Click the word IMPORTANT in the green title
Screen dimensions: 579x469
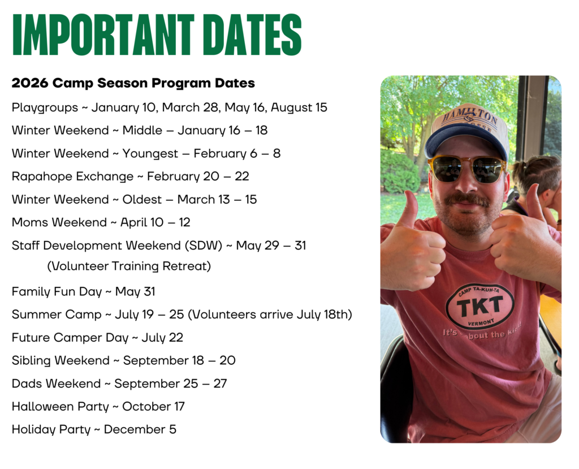click(x=103, y=35)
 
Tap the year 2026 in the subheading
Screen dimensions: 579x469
click(x=30, y=83)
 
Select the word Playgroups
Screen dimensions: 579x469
click(x=45, y=107)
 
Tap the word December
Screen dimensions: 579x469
click(x=135, y=429)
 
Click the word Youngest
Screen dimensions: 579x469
click(x=150, y=154)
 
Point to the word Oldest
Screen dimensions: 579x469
click(x=142, y=200)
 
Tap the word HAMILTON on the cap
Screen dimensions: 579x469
click(x=470, y=117)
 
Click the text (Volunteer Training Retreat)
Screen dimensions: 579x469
click(x=129, y=266)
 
